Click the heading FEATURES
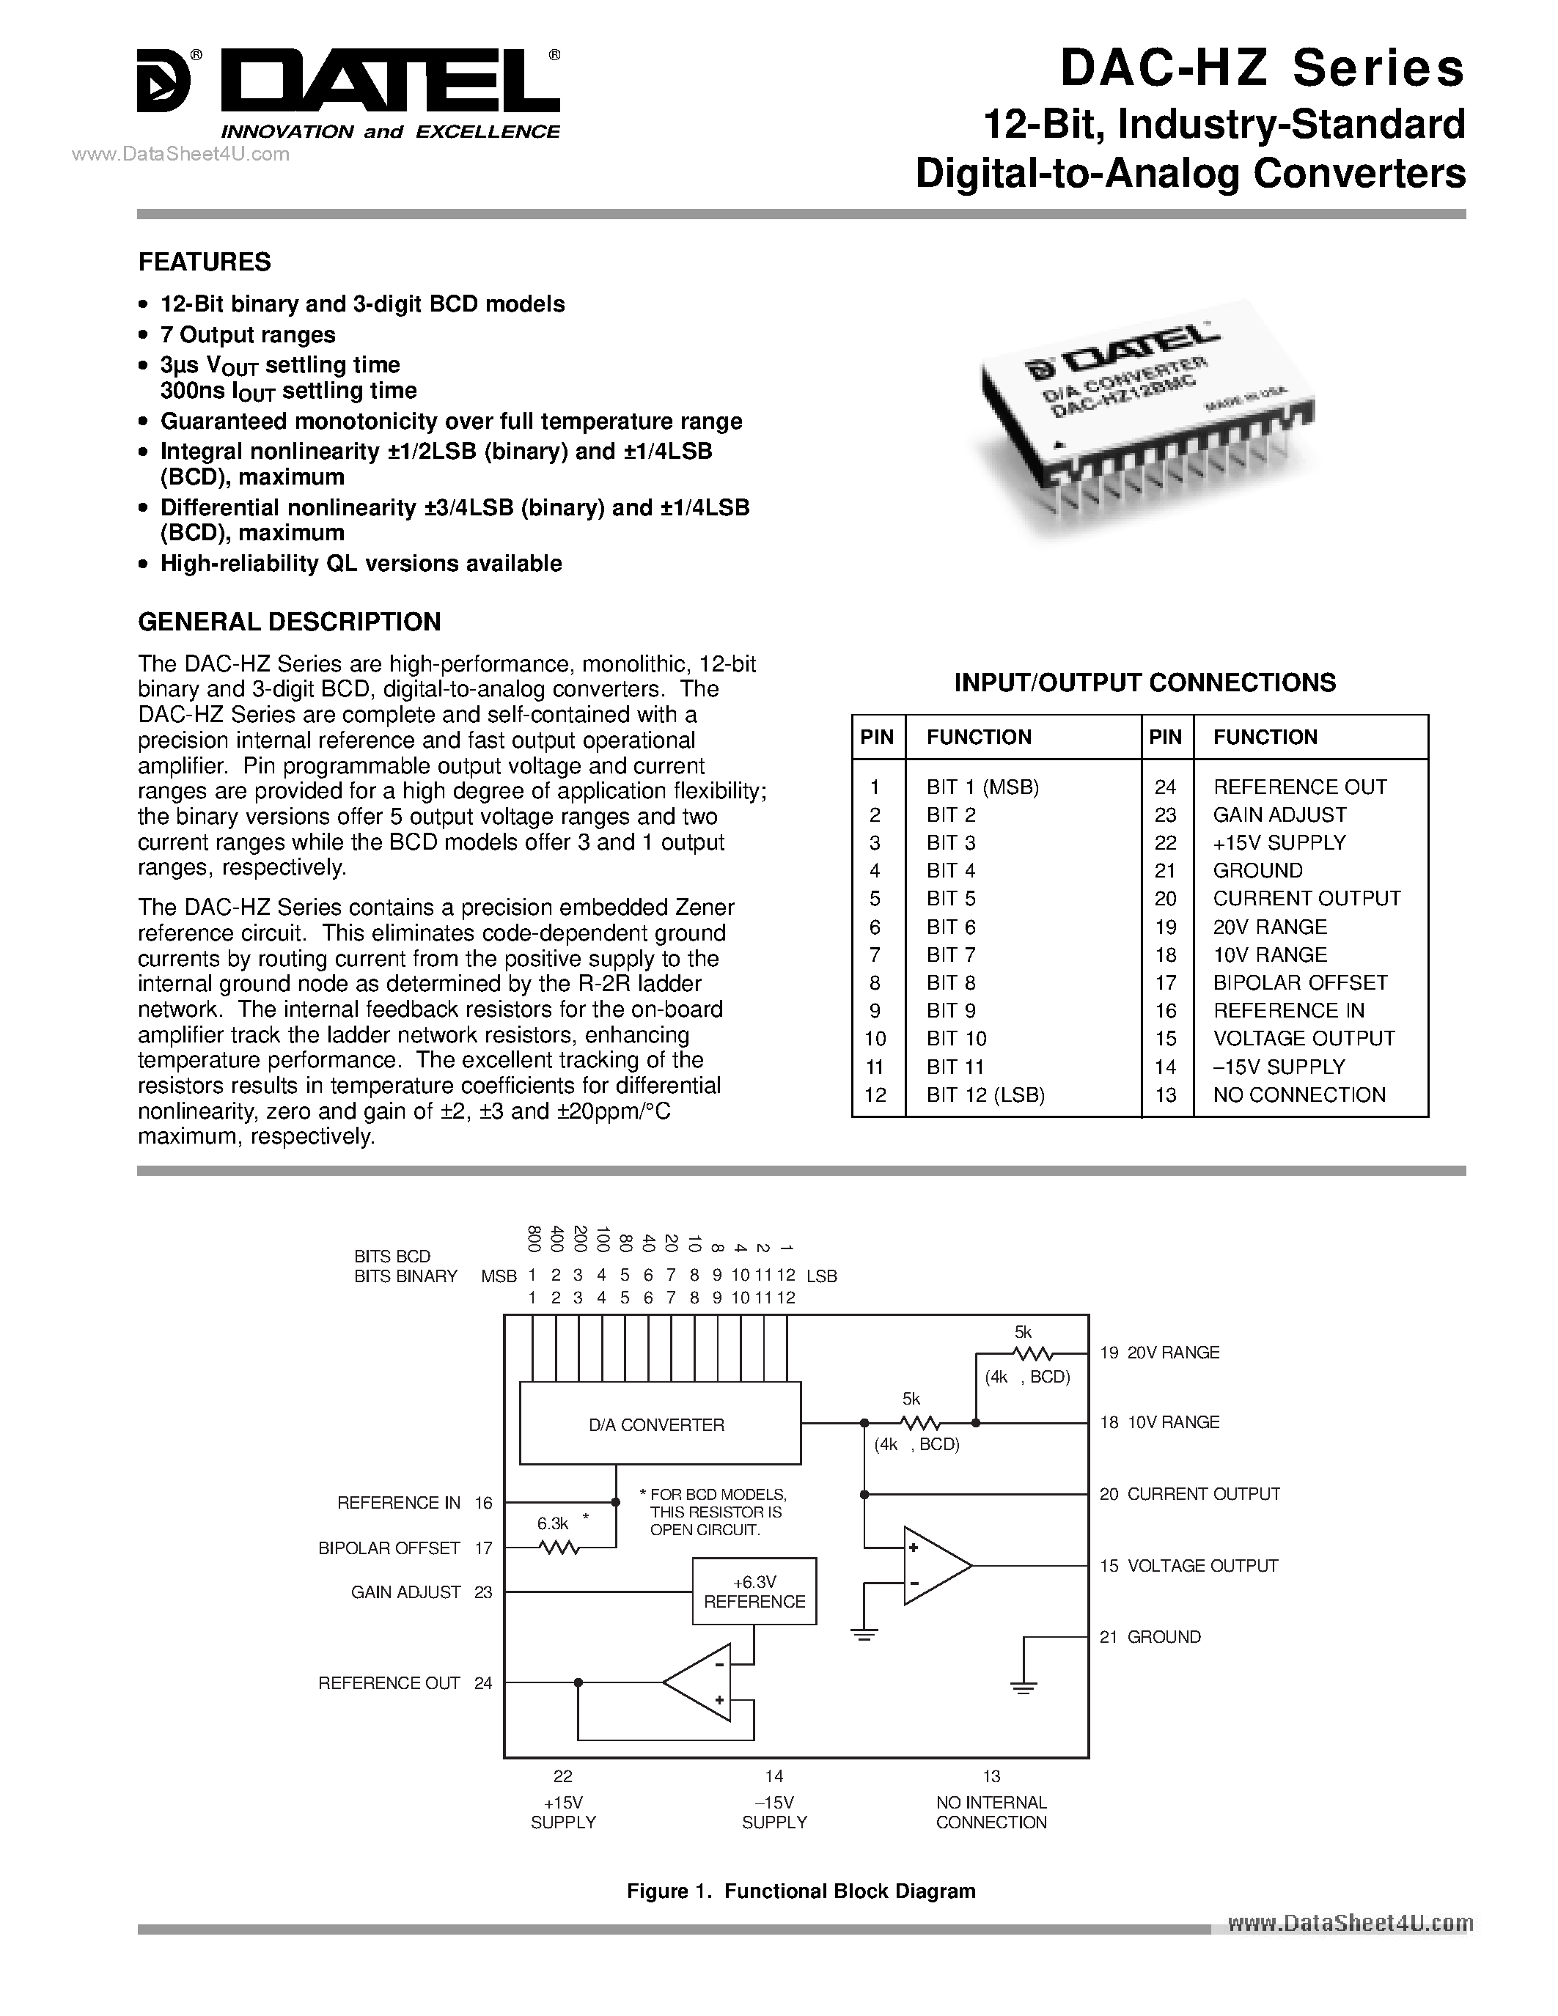coord(204,262)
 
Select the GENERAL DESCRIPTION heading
coord(289,622)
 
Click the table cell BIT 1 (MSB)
coord(982,787)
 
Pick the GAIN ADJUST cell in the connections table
coord(1279,815)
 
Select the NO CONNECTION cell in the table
coord(1298,1095)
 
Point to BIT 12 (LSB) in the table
coord(985,1095)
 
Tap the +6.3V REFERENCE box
coord(754,1592)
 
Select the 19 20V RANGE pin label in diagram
coord(1159,1353)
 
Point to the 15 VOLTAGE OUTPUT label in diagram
coord(1188,1566)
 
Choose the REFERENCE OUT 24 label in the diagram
coord(404,1682)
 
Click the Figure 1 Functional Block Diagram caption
coord(800,1891)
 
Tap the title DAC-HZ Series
coord(1261,69)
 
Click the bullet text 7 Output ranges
coord(247,335)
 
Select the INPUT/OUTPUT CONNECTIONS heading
coord(1144,683)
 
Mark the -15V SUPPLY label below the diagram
coord(774,1812)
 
